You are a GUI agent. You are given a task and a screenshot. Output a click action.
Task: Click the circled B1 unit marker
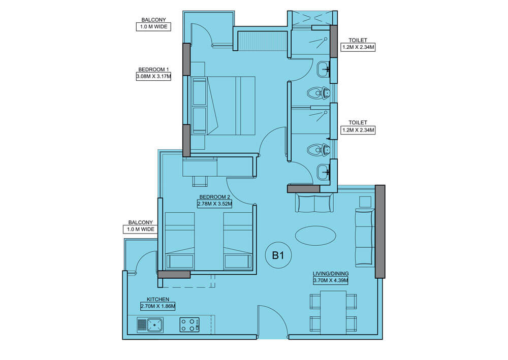[278, 255]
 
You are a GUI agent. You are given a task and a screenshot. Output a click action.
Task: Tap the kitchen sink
[150, 325]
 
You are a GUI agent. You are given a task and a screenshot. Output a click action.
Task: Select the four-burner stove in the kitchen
[190, 325]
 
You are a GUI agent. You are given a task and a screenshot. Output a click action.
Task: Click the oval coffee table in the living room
[316, 236]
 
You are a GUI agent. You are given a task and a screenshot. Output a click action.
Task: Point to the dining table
[333, 312]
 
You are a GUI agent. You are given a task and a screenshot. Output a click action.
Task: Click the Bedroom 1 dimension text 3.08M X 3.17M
[153, 77]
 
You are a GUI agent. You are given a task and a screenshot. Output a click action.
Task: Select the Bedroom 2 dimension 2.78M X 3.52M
[214, 204]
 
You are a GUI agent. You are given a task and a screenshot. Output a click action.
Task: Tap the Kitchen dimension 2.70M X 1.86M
[158, 306]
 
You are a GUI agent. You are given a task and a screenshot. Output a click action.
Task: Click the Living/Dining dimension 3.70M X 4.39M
[331, 280]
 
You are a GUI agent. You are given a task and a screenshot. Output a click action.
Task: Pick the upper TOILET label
[358, 40]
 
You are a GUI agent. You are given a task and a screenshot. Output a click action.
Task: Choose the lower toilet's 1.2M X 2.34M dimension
[358, 130]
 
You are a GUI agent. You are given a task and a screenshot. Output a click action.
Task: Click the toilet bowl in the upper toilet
[319, 93]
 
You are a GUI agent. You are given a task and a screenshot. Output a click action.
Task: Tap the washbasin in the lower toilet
[323, 172]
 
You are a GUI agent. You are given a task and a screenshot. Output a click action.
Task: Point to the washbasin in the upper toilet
[323, 69]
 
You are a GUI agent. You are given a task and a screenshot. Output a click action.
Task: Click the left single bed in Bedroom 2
[180, 241]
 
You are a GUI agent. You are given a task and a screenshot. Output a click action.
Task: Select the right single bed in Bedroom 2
[238, 241]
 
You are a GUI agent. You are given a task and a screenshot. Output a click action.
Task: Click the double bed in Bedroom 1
[223, 106]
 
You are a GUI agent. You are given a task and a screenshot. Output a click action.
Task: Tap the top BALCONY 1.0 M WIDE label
[153, 24]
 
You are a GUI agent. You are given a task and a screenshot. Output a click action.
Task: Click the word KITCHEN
[158, 300]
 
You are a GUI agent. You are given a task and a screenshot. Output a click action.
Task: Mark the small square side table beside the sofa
[365, 202]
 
